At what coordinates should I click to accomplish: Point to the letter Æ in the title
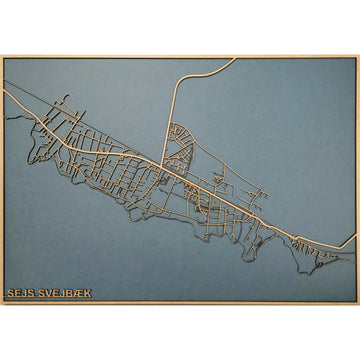[77, 293]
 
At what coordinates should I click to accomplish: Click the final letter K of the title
[87, 293]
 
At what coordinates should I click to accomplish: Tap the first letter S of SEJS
[10, 293]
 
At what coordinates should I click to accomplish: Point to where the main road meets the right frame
[355, 237]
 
